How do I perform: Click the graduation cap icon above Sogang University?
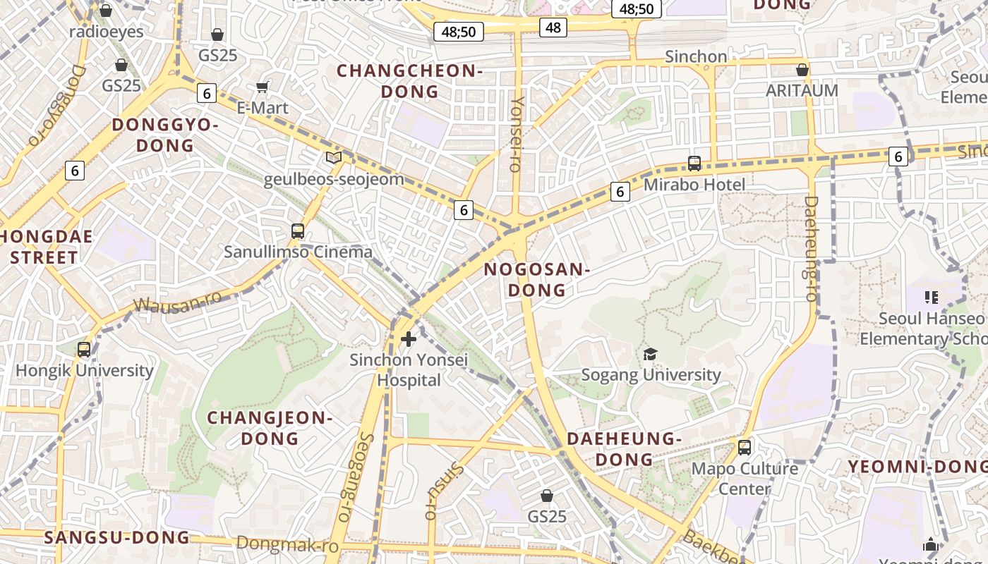650,354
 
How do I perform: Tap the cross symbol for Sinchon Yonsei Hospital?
408,339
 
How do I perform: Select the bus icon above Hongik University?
84,349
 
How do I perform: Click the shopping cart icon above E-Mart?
263,87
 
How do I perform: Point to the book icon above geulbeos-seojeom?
334,158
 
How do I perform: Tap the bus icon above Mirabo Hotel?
694,164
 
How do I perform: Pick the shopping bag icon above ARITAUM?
802,70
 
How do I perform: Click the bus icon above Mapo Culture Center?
744,447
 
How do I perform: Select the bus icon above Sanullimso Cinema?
298,231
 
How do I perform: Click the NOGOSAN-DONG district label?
537,279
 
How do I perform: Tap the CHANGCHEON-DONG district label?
409,80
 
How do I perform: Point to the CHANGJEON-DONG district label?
270,428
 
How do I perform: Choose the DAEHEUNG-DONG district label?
624,449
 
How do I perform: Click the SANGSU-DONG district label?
117,537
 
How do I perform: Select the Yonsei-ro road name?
517,134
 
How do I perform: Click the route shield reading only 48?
553,27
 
